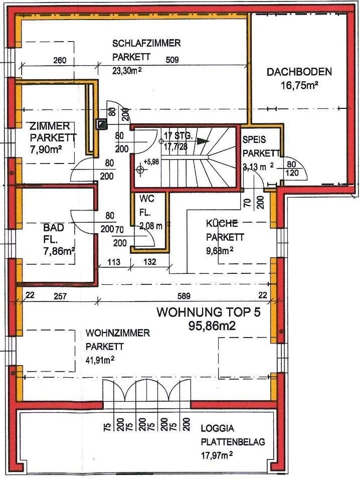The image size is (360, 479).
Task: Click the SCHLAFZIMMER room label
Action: (146, 44)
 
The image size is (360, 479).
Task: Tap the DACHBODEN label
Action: (299, 72)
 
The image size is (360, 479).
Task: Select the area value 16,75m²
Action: (299, 85)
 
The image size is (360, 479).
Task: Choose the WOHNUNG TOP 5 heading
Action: (209, 312)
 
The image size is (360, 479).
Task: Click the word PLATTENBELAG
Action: (233, 442)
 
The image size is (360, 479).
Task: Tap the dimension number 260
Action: (60, 61)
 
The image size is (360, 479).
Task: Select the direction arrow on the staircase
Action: (203, 142)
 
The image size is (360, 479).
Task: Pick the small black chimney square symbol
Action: (102, 123)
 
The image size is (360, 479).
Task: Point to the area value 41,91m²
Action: (99, 359)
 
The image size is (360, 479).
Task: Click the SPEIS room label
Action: (253, 140)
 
